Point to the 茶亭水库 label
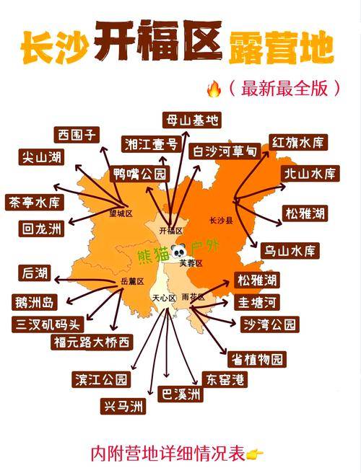tap(34, 203)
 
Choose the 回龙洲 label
tap(41, 229)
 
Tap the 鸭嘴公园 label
tap(140, 174)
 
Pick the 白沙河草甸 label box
tap(225, 151)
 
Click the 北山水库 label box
tap(310, 173)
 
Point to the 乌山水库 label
tap(290, 251)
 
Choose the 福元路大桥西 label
tap(92, 342)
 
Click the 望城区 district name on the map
tap(121, 213)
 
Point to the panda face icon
tap(176, 252)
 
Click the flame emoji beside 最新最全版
tap(214, 89)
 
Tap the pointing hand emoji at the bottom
tap(255, 454)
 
